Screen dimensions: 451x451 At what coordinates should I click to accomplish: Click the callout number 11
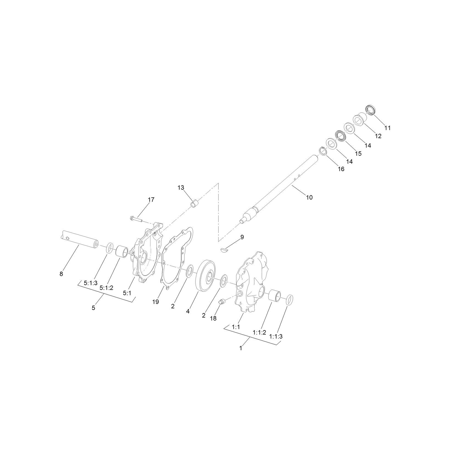tap(387, 128)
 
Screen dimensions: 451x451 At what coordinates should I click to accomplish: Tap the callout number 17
tap(151, 200)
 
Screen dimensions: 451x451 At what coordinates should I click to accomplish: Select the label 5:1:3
tap(91, 283)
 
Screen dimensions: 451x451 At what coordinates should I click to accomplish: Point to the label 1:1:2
tap(260, 332)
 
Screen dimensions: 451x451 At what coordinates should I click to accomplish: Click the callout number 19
tap(155, 302)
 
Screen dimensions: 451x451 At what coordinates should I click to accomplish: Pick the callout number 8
tap(61, 274)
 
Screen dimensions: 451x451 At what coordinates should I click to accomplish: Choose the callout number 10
tap(309, 197)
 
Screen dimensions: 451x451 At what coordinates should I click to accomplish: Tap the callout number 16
tap(341, 169)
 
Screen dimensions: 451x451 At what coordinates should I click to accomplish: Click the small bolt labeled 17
tap(135, 219)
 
